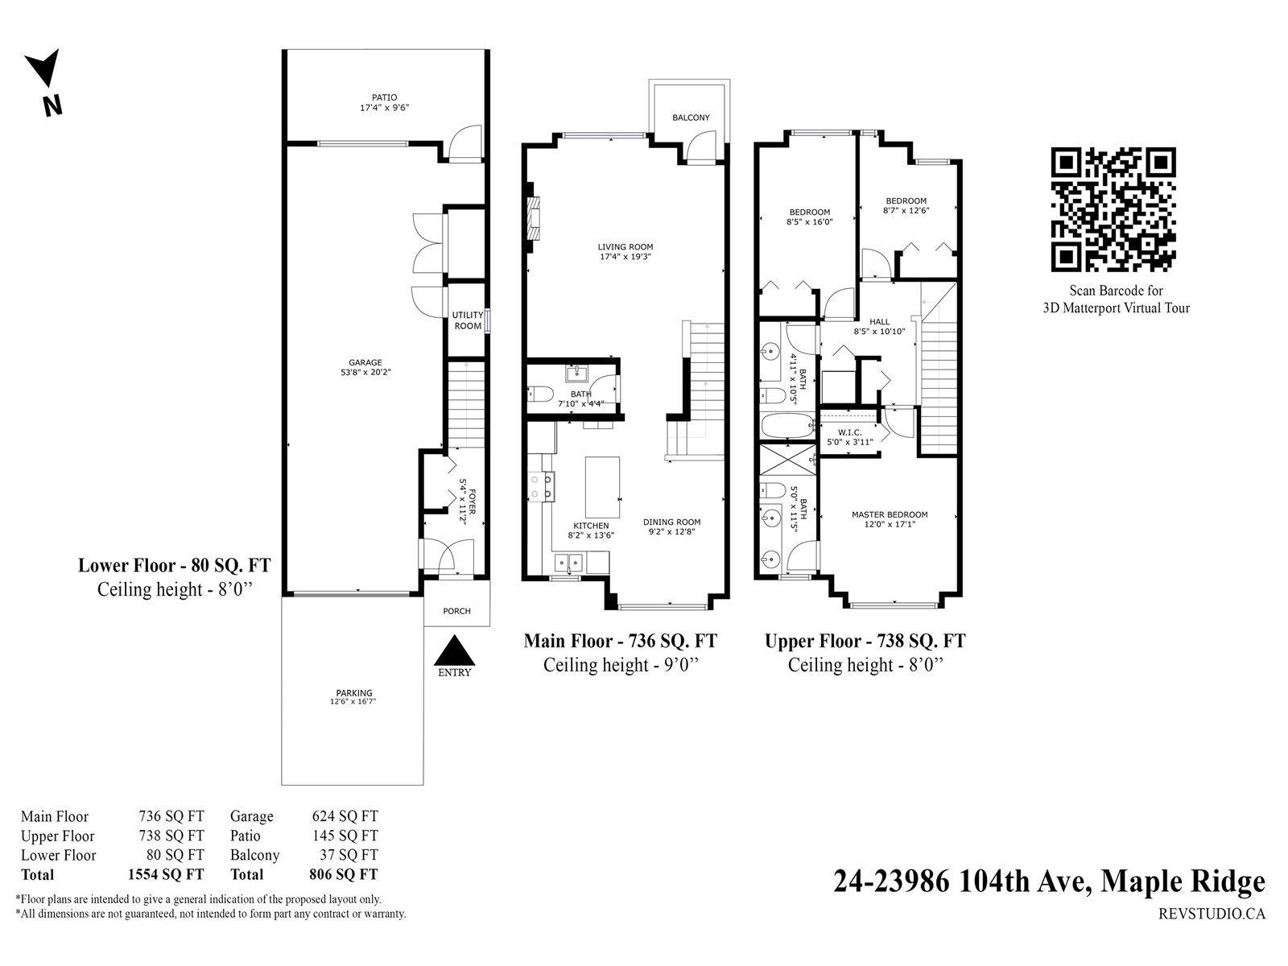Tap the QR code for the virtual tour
1113,209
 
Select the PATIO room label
384,97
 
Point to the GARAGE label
365,362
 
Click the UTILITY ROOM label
468,320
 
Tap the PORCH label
456,611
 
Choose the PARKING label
354,692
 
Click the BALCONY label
691,118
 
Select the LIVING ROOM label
625,247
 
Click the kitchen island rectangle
603,487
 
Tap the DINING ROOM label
672,522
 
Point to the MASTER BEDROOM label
890,514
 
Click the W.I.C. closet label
849,432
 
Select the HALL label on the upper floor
880,321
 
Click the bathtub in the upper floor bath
787,426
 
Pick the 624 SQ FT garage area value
345,816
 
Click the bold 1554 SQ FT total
166,874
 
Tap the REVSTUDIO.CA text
1212,914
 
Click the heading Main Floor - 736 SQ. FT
620,641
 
